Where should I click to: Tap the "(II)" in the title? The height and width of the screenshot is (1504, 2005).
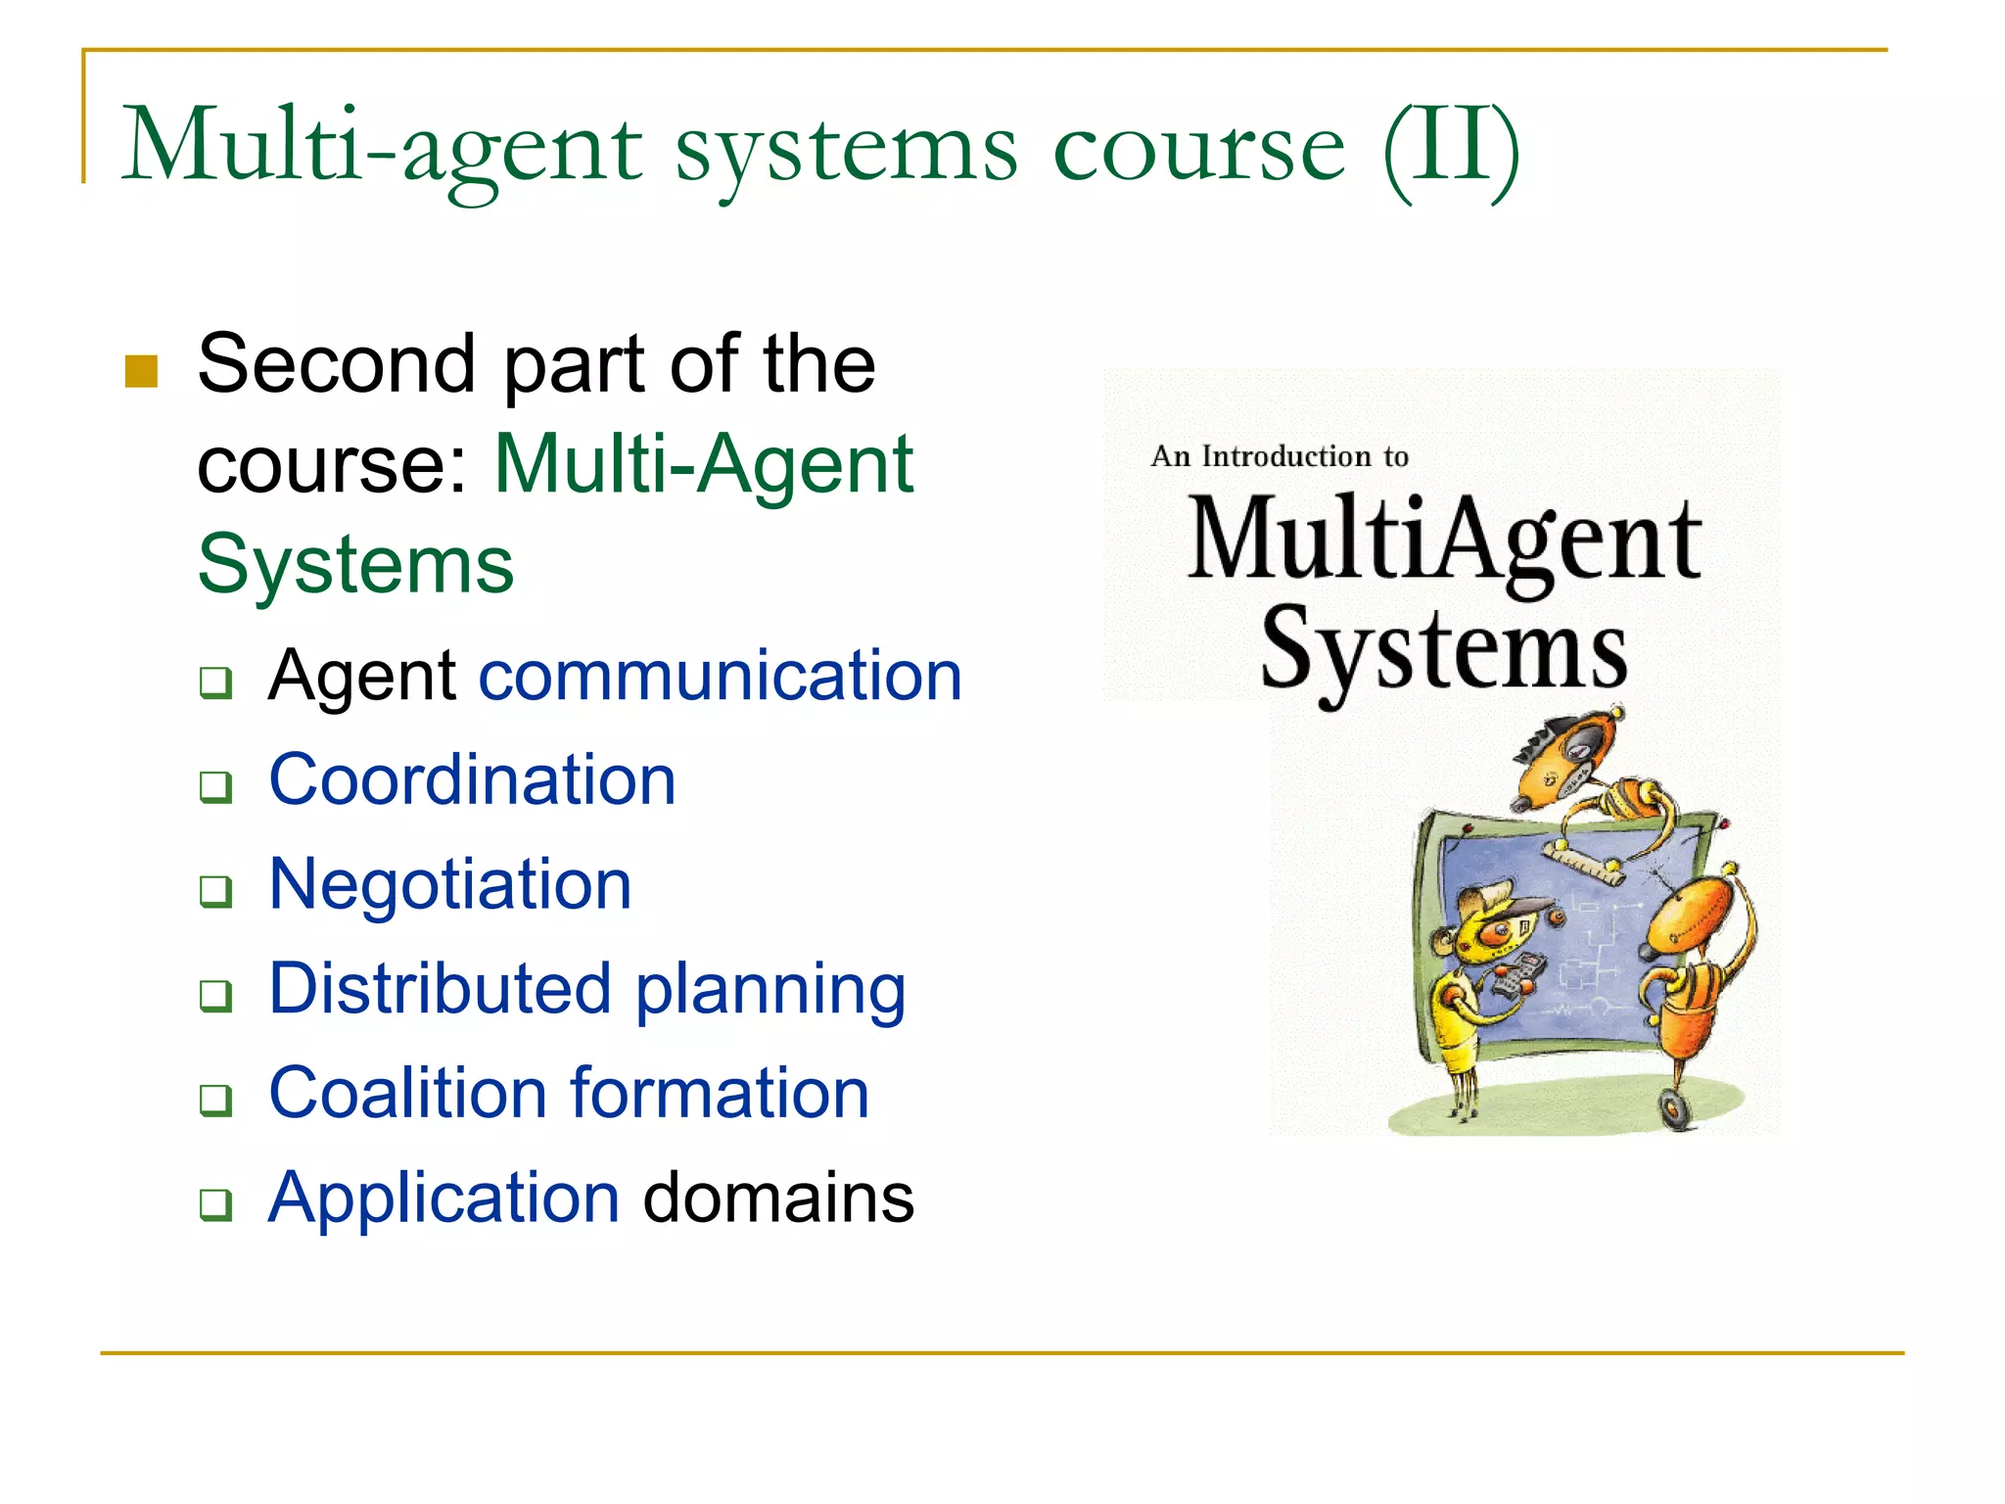pyautogui.click(x=1451, y=149)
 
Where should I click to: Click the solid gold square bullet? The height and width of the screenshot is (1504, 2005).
pyautogui.click(x=142, y=371)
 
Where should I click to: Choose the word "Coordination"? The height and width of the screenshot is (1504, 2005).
pyautogui.click(x=472, y=780)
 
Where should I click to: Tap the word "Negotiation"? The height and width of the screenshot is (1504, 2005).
pyautogui.click(x=449, y=884)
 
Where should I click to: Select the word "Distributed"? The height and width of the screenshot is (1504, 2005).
pyautogui.click(x=441, y=988)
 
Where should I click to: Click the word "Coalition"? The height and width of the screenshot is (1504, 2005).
pyautogui.click(x=407, y=1093)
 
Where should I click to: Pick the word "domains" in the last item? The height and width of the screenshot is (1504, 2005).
pyautogui.click(x=778, y=1198)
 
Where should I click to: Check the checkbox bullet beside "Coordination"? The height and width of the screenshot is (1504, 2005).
pyautogui.click(x=215, y=786)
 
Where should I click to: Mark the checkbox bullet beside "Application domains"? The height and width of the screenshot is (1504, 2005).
pyautogui.click(x=215, y=1203)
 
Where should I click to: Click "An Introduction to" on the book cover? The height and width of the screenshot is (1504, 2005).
pyautogui.click(x=1279, y=456)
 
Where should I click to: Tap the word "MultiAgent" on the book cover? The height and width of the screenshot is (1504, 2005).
pyautogui.click(x=1444, y=540)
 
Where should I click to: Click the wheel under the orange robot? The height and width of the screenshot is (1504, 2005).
pyautogui.click(x=1676, y=1108)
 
